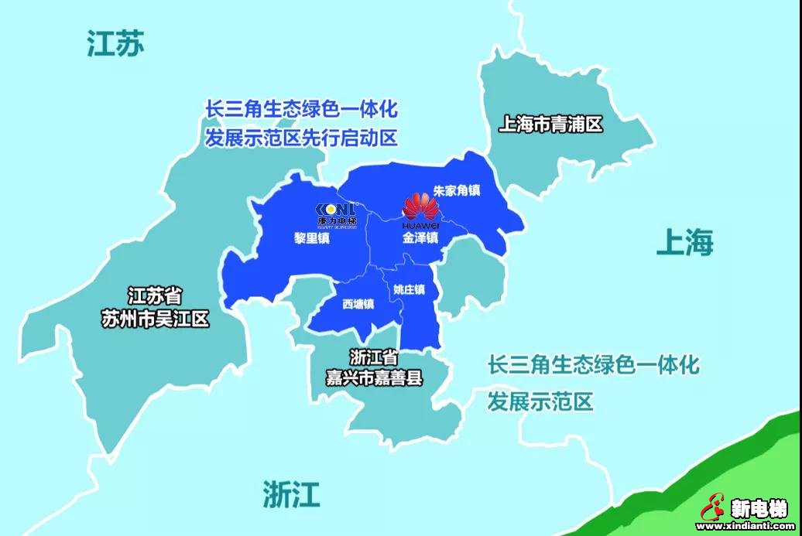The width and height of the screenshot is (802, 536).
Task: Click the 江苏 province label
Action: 115,44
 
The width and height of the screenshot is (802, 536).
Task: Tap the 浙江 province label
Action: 291,493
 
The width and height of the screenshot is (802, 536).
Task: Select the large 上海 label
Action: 684,243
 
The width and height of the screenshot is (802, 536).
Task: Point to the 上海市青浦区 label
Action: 550,125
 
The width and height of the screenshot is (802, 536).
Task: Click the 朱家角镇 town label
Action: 458,190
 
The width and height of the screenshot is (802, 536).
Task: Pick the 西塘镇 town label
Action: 358,304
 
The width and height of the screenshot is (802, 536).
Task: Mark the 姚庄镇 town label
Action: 409,290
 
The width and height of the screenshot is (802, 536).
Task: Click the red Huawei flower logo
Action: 420,206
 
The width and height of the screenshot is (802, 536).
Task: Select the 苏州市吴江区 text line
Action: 156,319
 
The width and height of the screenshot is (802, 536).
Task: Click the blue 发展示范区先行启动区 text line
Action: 301,138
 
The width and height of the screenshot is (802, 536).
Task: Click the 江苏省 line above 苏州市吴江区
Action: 155,295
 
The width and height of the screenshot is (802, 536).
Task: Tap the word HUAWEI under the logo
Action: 420,225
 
